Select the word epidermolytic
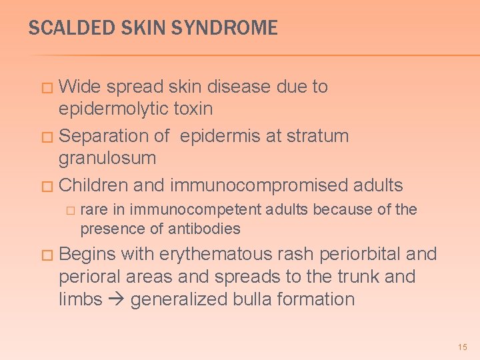[115, 109]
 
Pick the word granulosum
[107, 159]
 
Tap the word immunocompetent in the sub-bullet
[196, 210]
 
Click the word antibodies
[206, 229]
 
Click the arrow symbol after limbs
[117, 299]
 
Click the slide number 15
[463, 347]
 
